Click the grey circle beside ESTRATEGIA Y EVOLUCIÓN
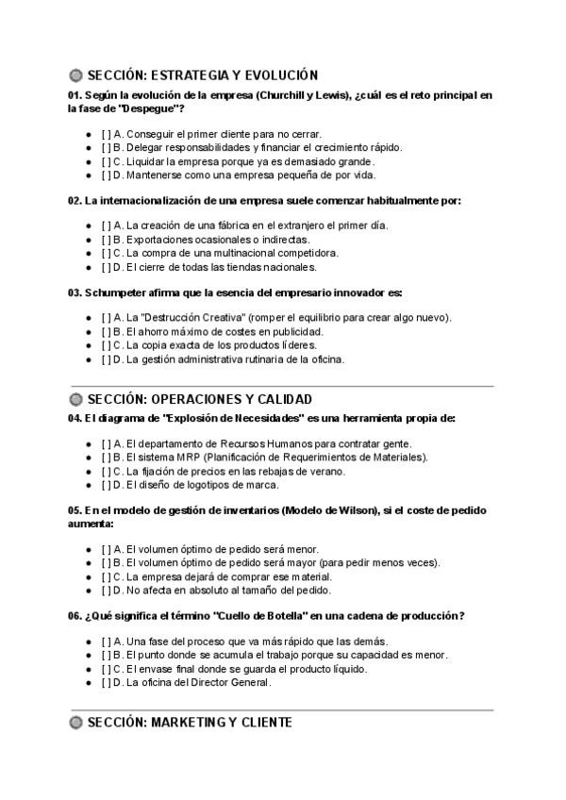[x=75, y=75]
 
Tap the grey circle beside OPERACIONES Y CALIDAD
[x=75, y=399]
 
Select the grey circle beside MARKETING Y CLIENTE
[x=75, y=723]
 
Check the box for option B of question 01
[x=106, y=147]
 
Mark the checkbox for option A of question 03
[x=106, y=318]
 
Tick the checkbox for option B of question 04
[x=106, y=458]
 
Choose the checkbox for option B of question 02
[x=106, y=240]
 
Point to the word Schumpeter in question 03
[x=115, y=292]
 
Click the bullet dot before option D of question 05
[x=88, y=592]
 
